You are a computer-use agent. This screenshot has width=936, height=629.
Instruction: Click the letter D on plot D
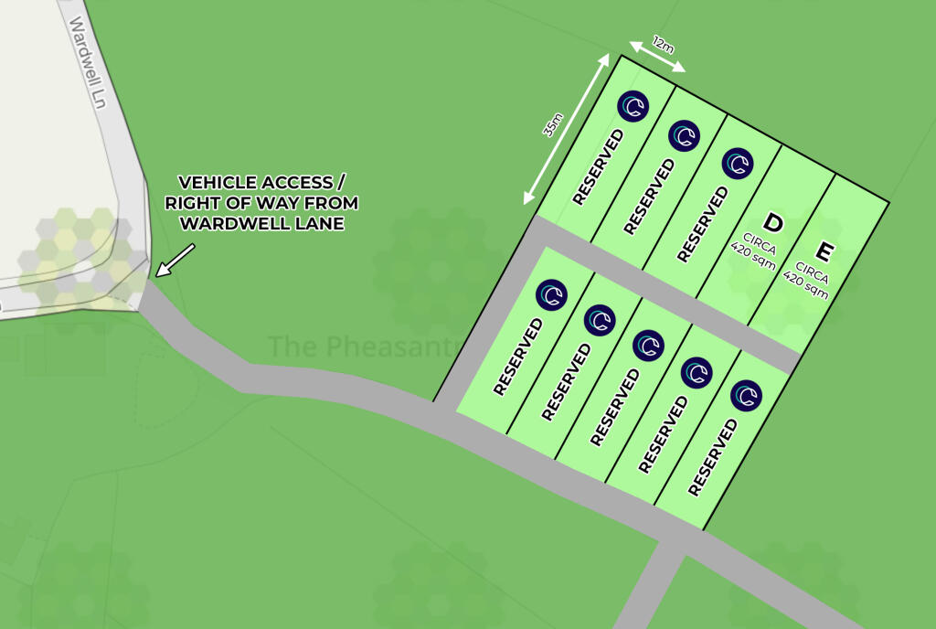coord(773,223)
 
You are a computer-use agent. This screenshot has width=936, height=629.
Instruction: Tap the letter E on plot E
coord(824,251)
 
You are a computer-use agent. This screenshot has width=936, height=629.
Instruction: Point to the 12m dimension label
coord(662,44)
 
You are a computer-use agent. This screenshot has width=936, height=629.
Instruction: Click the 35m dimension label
coord(553,124)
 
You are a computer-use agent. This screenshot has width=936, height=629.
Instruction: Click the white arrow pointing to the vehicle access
coord(175,259)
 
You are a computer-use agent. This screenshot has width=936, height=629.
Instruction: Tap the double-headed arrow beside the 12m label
coord(657,58)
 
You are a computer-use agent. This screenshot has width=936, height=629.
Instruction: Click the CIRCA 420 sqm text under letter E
coord(811,281)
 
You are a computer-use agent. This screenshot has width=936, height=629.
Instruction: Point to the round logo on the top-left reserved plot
coord(632,108)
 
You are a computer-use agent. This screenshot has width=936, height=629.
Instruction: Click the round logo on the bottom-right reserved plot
coord(747,395)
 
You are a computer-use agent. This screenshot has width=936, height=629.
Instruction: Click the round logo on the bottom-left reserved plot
coord(551,293)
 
